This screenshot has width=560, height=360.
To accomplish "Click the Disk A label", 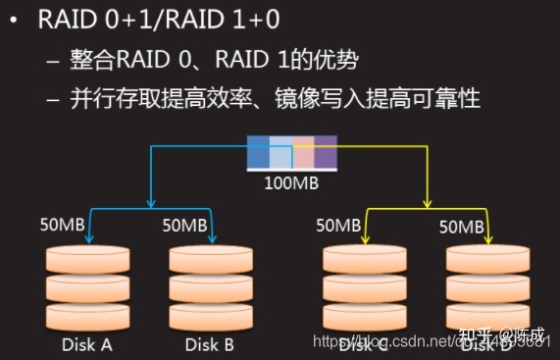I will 85,344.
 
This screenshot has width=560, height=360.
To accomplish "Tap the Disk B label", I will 208,344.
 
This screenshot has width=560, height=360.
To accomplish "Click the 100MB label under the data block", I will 289,183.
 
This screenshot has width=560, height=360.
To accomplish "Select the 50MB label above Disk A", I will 61,225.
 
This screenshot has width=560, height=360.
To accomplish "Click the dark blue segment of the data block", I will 258,156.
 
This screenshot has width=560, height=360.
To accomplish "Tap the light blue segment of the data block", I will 280,156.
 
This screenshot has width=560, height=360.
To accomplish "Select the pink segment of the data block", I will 303,156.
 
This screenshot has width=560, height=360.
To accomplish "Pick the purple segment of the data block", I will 326,156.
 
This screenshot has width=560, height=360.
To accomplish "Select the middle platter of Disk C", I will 364,289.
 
